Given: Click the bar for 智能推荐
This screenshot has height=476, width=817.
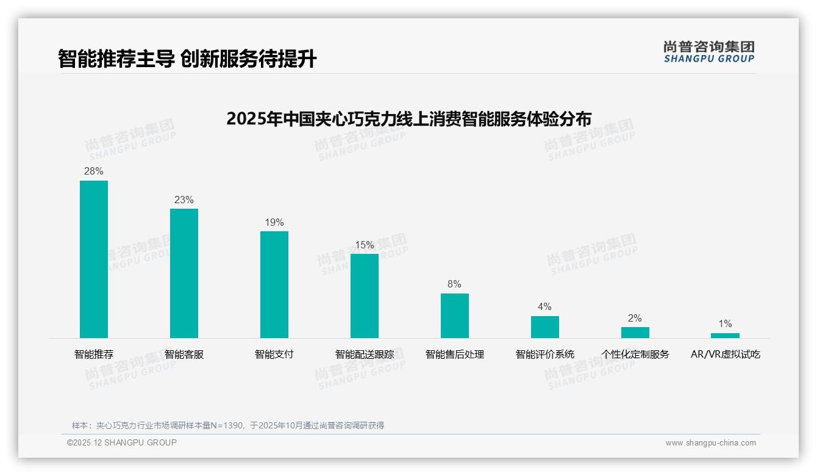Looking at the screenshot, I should click(x=94, y=259).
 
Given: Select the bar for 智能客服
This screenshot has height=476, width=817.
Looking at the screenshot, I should click(x=184, y=273).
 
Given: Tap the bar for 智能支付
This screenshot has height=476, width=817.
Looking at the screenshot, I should click(x=274, y=284).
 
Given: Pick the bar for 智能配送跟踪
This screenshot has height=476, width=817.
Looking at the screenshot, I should click(x=365, y=296).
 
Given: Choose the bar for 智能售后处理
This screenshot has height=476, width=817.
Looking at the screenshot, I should click(x=455, y=316).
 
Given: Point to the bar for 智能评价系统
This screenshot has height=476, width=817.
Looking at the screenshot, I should click(x=545, y=327).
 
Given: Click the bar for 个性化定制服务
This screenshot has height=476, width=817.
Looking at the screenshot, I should click(x=635, y=333).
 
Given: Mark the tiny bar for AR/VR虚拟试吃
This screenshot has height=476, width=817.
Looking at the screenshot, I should click(x=725, y=336).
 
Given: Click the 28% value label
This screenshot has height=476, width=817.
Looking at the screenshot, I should click(x=94, y=171).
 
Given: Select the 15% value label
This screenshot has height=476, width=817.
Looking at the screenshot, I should click(x=365, y=245).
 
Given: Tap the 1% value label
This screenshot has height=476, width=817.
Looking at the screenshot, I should click(x=725, y=324).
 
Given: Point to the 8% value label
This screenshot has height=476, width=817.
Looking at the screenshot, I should click(x=455, y=284).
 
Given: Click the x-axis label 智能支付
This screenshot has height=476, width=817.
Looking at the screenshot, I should click(x=274, y=355).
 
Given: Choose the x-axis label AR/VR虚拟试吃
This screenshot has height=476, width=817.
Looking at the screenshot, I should click(x=726, y=355).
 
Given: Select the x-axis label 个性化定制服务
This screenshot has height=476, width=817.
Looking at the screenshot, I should click(x=635, y=355).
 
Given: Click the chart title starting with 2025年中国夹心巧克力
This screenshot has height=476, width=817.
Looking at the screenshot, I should click(x=408, y=118).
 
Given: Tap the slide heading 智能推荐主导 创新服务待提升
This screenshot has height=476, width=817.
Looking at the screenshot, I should click(x=187, y=59).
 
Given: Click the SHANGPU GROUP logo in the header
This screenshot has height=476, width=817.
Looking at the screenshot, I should click(x=709, y=52).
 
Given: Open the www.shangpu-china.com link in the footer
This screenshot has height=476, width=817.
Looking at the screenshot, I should click(x=710, y=443).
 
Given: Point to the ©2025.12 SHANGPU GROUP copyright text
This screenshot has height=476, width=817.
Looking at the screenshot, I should click(x=122, y=443).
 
